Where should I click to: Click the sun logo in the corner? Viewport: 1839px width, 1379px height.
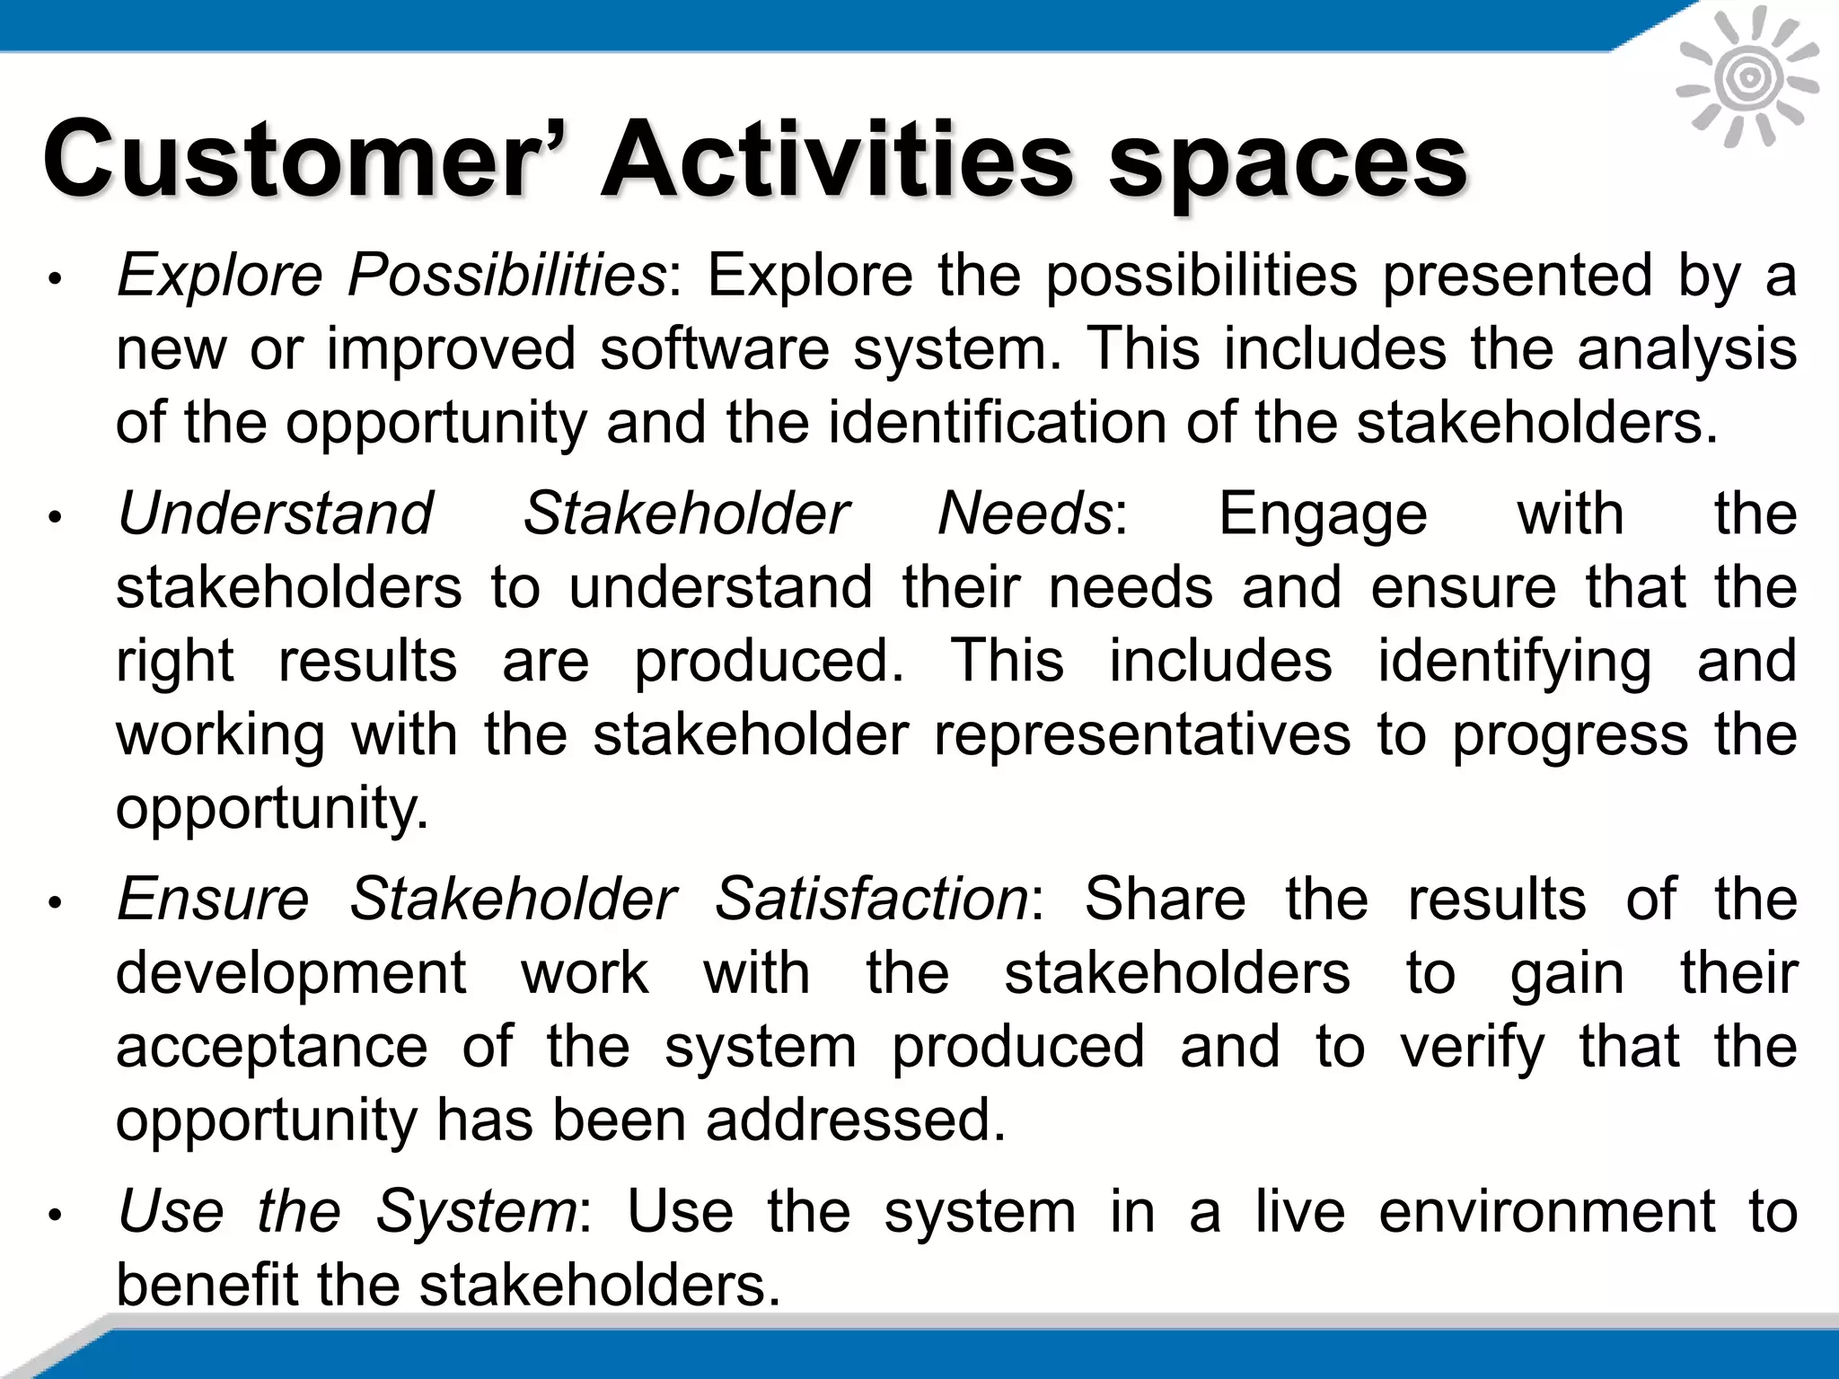click(x=1747, y=79)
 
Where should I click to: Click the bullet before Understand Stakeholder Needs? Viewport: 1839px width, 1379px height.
click(x=55, y=518)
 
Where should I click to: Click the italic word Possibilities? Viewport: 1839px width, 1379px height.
click(x=506, y=275)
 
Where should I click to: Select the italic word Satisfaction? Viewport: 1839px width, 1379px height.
click(x=871, y=899)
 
